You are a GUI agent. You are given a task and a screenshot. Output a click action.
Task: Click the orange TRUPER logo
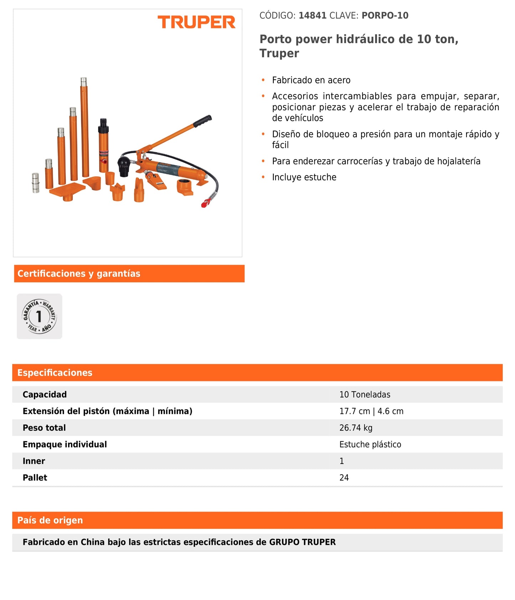tap(196, 22)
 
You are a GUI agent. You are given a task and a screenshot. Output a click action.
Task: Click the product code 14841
tap(312, 16)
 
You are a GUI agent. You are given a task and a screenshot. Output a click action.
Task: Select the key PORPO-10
tap(385, 16)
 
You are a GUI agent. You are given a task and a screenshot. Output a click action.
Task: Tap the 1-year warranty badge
tap(39, 316)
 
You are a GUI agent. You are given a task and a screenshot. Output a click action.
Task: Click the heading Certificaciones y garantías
tap(79, 274)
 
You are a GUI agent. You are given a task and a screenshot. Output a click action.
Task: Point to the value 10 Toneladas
tap(365, 394)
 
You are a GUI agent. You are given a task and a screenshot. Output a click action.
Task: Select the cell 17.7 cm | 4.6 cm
tap(371, 411)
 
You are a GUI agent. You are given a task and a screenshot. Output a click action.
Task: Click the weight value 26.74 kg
tap(356, 428)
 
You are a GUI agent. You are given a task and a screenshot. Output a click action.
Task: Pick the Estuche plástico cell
tap(370, 444)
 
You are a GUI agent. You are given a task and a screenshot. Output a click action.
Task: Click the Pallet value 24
tap(344, 478)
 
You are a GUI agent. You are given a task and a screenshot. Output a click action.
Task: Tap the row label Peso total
tap(44, 428)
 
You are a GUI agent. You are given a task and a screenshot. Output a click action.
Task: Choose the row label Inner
tap(34, 461)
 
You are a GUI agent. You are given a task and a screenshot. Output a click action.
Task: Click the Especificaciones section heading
tap(55, 373)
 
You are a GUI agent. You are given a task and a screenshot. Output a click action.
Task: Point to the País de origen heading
tap(50, 520)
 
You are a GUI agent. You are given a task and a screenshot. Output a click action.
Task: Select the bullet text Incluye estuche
tap(304, 177)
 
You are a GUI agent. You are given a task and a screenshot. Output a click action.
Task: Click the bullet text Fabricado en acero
tap(311, 80)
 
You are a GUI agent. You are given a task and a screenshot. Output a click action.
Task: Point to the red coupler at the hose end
tap(205, 204)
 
